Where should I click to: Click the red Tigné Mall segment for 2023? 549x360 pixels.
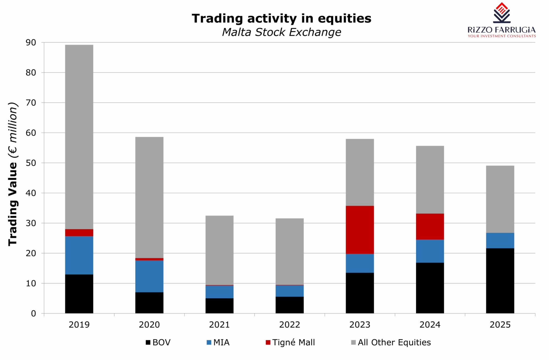(x=359, y=230)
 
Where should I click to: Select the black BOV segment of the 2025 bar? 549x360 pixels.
(x=500, y=281)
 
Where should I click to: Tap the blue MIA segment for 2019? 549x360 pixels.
(x=79, y=255)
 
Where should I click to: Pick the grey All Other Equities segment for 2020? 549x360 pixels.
(x=149, y=197)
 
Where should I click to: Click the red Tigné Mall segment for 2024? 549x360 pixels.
(x=430, y=226)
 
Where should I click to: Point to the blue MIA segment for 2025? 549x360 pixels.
(x=500, y=240)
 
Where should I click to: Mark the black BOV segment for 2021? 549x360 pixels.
(x=219, y=306)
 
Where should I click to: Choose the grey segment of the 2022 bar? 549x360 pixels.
(x=290, y=251)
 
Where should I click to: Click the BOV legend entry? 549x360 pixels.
(x=158, y=343)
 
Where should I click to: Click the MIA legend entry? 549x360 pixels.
(x=218, y=343)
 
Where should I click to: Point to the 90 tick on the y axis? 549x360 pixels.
(x=31, y=42)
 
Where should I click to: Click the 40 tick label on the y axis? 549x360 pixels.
(x=31, y=193)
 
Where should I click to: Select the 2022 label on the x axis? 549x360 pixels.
(x=290, y=325)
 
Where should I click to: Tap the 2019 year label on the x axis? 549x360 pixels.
(x=79, y=325)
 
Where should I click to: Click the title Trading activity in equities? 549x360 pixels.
(x=281, y=19)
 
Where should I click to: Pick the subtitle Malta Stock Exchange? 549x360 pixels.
(x=281, y=32)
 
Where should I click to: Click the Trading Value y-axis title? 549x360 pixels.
(x=13, y=174)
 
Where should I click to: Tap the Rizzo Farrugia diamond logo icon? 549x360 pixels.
(x=502, y=13)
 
